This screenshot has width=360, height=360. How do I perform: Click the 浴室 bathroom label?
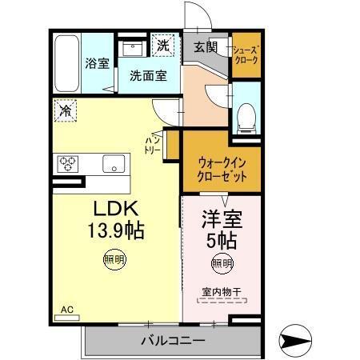[x=98, y=63]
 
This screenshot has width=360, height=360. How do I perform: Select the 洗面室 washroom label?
[x=148, y=76]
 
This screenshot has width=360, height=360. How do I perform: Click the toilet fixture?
[x=246, y=117]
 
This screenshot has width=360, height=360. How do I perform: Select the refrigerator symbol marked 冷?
[x=65, y=110]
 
